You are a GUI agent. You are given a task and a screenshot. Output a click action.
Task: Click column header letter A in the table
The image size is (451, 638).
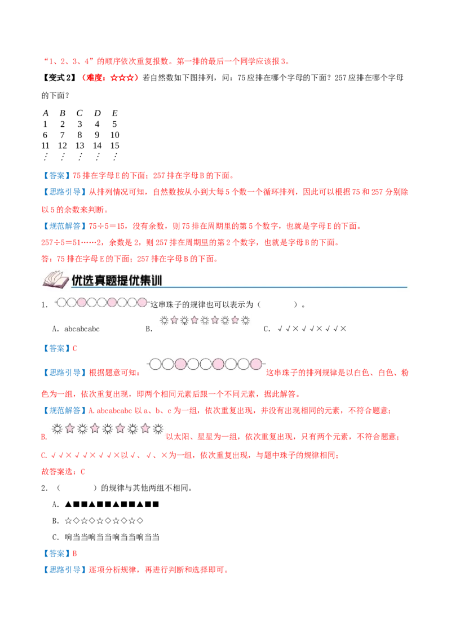pos(46,113)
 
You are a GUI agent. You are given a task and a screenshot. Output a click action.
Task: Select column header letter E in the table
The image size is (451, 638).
pos(115,113)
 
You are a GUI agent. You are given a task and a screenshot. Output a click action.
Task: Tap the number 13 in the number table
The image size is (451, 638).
pos(80,145)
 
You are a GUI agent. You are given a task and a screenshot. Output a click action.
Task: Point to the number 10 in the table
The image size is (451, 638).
pos(115,135)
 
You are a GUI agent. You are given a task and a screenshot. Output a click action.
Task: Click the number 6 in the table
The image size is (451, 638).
pos(45,135)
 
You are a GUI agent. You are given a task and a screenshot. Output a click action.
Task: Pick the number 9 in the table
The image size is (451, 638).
pos(97,135)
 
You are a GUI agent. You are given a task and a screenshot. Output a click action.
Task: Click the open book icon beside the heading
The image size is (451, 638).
pos(55,280)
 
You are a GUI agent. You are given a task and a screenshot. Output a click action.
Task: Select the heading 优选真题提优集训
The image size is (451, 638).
pos(117,280)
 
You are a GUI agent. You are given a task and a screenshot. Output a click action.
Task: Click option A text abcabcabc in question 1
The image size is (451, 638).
pos(82,329)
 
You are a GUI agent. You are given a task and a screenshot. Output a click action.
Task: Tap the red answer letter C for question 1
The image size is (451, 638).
pos(74,348)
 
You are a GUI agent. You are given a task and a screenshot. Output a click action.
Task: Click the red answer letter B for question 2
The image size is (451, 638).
pos(74,553)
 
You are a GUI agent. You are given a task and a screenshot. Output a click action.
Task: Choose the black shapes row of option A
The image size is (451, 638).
pos(112,504)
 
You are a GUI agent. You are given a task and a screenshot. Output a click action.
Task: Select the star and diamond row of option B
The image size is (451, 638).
pos(104,521)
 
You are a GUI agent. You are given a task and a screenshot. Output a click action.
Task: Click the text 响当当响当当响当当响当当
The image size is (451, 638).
pos(112,537)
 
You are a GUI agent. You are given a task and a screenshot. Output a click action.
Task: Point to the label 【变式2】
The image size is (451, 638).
pos(59,78)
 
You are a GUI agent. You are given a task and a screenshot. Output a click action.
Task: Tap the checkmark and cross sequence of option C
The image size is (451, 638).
pos(312,329)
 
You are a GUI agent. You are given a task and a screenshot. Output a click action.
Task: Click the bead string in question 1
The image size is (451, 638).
pos(102,302)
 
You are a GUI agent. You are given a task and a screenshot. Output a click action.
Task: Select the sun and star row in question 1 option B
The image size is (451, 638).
pos(205,321)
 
